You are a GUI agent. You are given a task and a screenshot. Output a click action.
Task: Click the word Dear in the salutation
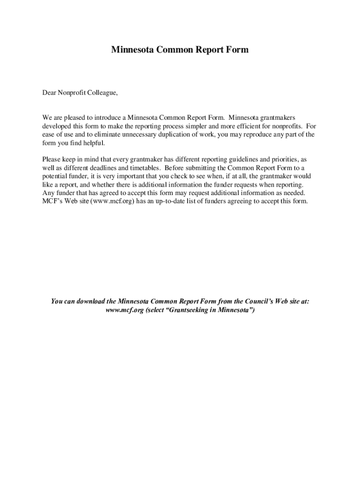50,93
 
